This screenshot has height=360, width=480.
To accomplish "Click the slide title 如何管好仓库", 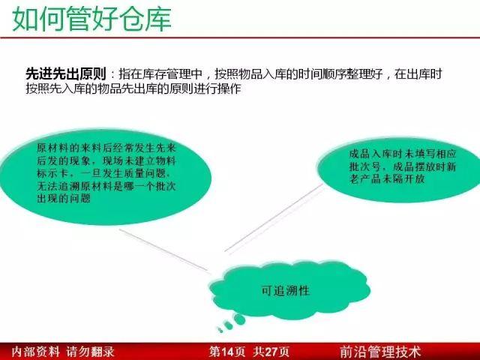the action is [x=91, y=19].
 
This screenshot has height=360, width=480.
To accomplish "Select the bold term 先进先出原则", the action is [x=66, y=74].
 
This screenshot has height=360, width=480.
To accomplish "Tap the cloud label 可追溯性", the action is [x=286, y=290].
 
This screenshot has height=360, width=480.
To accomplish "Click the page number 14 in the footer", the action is [x=227, y=352].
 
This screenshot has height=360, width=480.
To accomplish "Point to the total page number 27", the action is [x=271, y=352].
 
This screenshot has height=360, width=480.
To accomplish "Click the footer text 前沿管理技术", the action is [x=380, y=352].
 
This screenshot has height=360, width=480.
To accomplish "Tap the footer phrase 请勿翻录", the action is [x=90, y=352].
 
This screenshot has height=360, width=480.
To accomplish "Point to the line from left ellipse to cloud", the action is [x=163, y=250].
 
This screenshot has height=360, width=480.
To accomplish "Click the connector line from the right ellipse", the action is [x=274, y=218].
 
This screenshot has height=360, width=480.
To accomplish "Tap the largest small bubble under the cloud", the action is [x=239, y=319].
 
